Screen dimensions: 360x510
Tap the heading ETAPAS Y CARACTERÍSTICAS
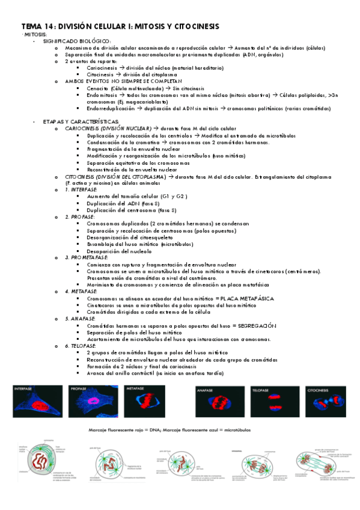77,121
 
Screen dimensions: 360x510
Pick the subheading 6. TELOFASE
83,346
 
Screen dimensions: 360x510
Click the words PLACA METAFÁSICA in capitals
248,298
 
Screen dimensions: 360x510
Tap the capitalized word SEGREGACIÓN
252,325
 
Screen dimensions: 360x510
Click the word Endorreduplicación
111,108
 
